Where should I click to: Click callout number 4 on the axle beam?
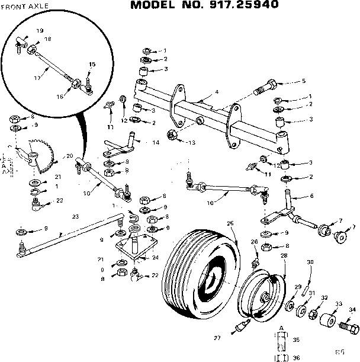(x=217, y=92)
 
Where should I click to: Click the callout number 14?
(x=156, y=143)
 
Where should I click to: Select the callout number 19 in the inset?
(x=40, y=30)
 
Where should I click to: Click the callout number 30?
(x=310, y=262)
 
